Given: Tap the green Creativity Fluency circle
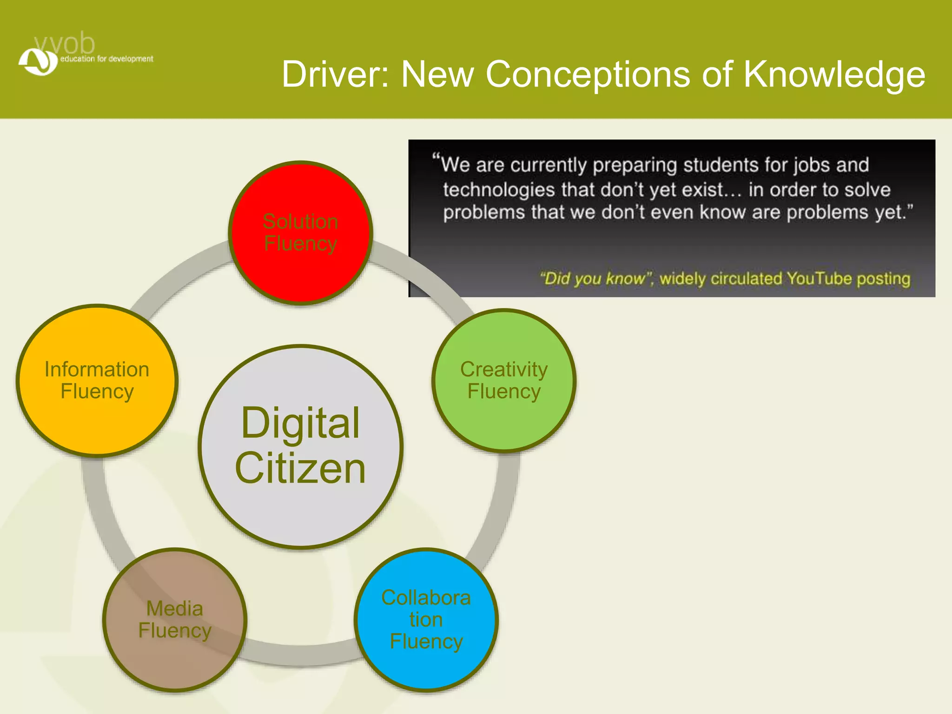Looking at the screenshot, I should coord(504,418).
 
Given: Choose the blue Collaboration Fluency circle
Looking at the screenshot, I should coord(426,669).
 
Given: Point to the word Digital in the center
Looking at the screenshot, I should coord(301,423).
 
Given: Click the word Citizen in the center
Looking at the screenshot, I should coord(301,468).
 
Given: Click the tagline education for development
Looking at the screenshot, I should coord(106,59).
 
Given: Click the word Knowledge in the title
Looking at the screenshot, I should coord(834,74).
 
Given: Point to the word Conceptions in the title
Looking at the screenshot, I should coord(588,74).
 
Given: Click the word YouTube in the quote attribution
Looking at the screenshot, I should coord(819,278).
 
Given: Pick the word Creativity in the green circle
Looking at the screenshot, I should coord(504,370).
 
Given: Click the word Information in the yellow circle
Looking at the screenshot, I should coord(97,370).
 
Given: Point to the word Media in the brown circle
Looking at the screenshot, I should coord(175,608).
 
